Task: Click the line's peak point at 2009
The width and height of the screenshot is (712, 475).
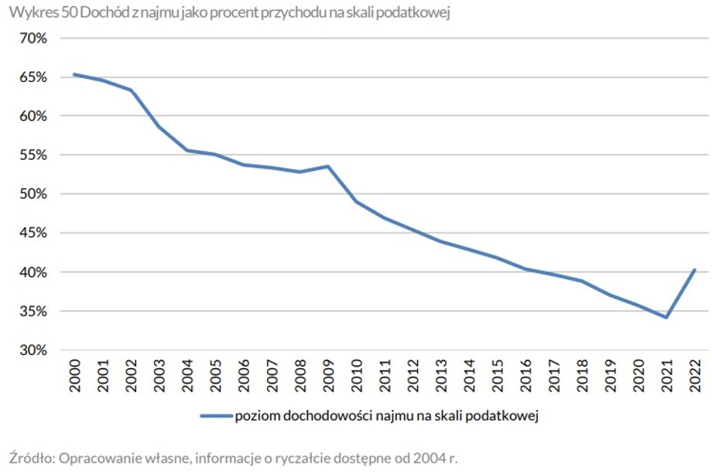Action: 328,166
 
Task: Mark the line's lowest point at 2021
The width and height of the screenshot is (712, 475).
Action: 666,317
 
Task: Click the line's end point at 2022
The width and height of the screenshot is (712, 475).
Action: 694,270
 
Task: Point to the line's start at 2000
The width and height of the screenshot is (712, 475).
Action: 74,74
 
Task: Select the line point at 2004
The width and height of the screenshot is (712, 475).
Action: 187,150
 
